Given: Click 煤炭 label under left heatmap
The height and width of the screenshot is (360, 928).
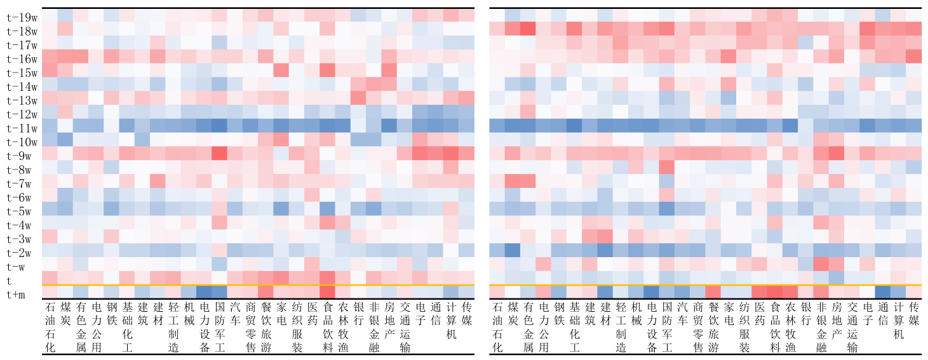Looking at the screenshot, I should click(65, 314).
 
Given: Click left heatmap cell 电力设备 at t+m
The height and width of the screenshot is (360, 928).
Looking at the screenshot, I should click(204, 291).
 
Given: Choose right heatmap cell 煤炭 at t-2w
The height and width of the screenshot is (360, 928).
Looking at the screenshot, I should click(512, 250).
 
